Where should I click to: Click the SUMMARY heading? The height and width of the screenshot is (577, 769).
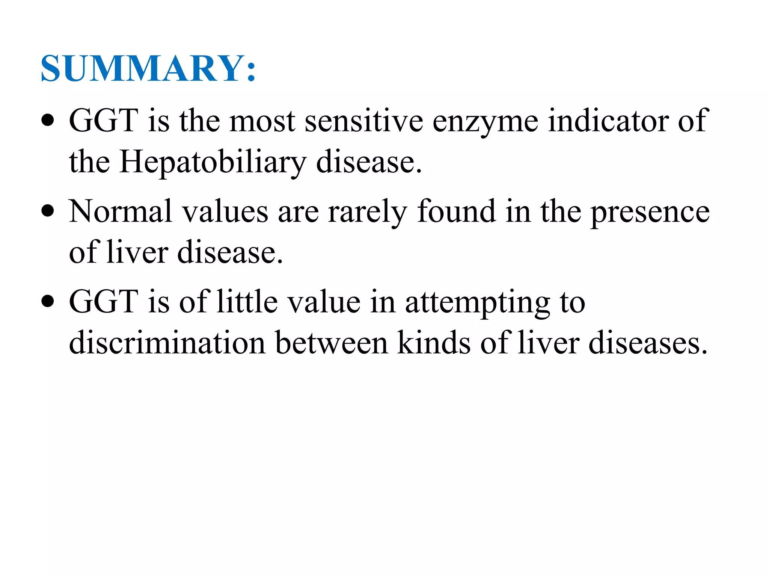pos(148,68)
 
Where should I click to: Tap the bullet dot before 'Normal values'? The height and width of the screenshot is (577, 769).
pos(48,211)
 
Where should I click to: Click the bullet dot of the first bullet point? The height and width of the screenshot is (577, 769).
pos(48,121)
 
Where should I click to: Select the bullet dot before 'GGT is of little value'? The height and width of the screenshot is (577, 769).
pos(48,301)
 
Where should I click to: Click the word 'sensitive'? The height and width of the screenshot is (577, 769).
pos(363,121)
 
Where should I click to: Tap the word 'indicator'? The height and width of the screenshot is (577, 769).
pos(608,121)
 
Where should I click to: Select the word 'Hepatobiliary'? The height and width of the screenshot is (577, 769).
pos(213,162)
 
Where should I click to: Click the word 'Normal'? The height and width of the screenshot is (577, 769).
pos(120,211)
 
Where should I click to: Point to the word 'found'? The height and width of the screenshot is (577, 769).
pos(456,211)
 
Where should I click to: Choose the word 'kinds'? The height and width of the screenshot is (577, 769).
pos(434,343)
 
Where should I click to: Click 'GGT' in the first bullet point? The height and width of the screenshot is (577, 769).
pos(104,121)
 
